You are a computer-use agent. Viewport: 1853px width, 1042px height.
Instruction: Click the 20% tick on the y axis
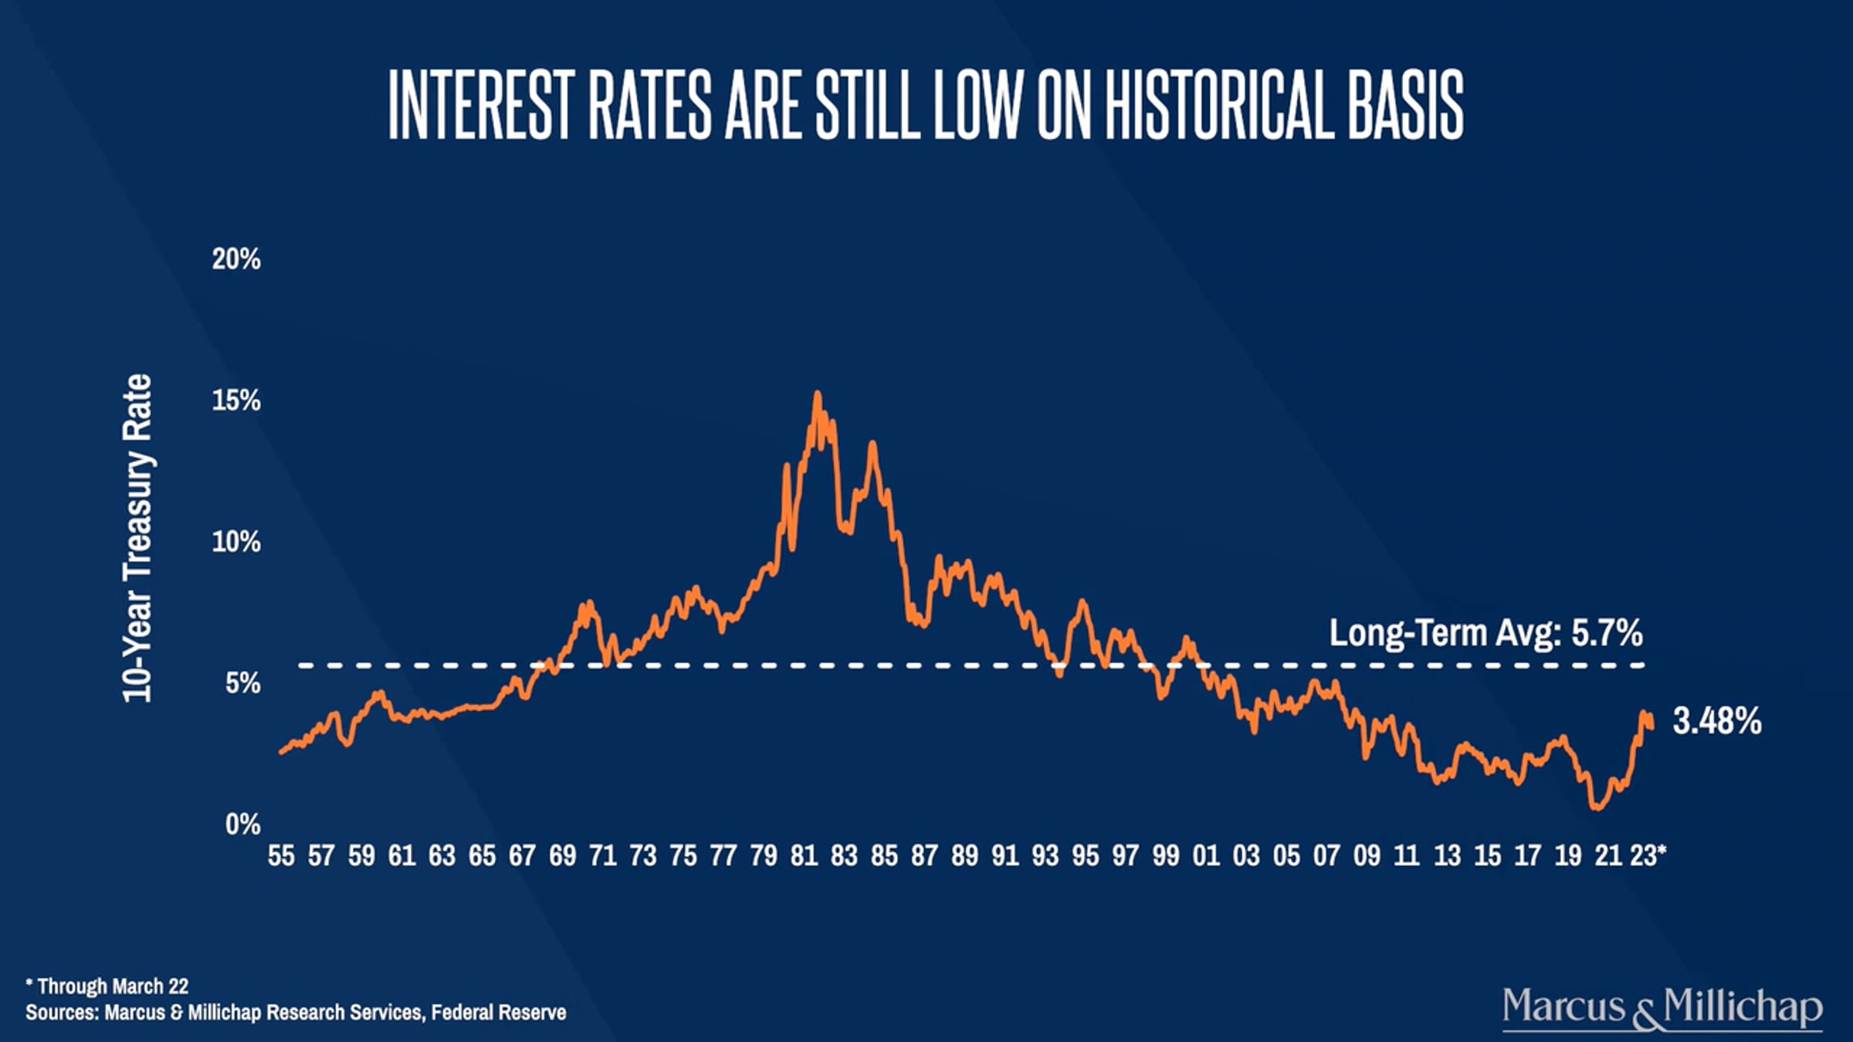[x=236, y=259]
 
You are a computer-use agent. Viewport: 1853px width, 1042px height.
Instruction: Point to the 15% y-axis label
[x=236, y=401]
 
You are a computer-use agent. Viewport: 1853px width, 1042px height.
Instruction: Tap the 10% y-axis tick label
[x=236, y=542]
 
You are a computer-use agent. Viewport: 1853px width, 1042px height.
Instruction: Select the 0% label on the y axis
[x=243, y=824]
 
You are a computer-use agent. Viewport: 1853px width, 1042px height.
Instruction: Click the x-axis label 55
[x=281, y=855]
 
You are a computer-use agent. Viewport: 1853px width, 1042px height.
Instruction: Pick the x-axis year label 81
[x=804, y=855]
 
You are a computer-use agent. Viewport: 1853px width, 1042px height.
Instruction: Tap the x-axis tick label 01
[x=1206, y=855]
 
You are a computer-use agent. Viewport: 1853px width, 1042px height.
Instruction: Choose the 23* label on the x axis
[x=1648, y=855]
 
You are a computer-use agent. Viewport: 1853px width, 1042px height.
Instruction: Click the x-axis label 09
[x=1367, y=855]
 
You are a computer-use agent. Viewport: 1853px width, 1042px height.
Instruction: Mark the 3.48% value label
[x=1717, y=722]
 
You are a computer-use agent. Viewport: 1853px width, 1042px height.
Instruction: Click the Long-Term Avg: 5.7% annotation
[x=1485, y=633]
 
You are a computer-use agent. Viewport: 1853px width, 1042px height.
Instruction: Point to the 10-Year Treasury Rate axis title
[x=138, y=538]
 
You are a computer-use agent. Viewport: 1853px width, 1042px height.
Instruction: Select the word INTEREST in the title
[x=479, y=105]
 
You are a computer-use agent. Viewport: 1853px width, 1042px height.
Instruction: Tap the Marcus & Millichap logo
[x=1662, y=1007]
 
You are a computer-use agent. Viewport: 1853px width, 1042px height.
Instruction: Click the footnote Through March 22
[x=107, y=986]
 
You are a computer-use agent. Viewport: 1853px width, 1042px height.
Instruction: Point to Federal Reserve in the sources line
[x=499, y=1012]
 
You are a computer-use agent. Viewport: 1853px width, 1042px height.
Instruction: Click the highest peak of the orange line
[x=817, y=394]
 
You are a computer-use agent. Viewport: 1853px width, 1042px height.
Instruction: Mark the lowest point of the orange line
[x=1596, y=807]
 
